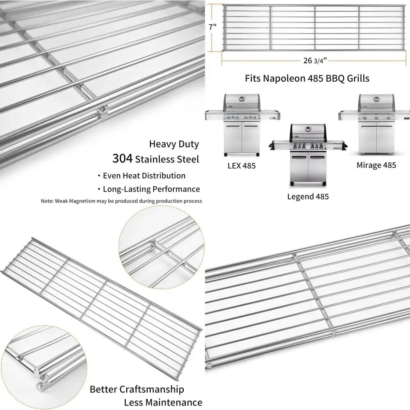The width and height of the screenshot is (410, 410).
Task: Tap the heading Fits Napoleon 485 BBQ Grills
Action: point(307,78)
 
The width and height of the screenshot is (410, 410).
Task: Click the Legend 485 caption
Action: point(307,196)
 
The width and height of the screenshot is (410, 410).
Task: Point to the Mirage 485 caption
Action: point(376,165)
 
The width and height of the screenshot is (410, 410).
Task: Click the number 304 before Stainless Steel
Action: point(122,159)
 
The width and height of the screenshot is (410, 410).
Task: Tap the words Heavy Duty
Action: point(174,144)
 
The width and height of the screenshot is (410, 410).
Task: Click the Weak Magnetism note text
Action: point(121,201)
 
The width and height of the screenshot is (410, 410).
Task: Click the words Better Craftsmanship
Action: point(137,389)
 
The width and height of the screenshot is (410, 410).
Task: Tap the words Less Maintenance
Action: point(163,402)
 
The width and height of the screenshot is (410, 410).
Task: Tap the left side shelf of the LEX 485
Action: point(214,113)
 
